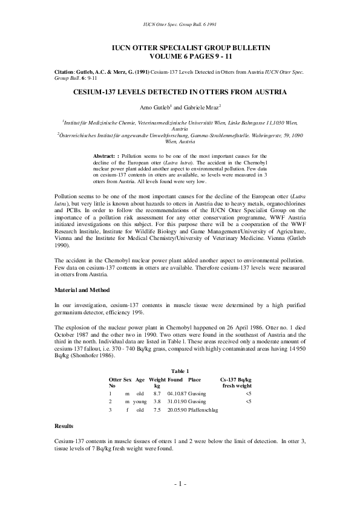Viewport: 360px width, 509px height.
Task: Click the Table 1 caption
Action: click(180, 371)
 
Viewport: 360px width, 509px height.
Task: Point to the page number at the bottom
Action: click(180, 484)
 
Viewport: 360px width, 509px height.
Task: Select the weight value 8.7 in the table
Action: click(157, 393)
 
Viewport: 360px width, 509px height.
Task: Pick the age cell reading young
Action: click(140, 401)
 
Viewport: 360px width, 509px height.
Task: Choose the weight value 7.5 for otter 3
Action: click(157, 410)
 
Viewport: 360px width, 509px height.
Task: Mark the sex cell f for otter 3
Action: click(127, 410)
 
